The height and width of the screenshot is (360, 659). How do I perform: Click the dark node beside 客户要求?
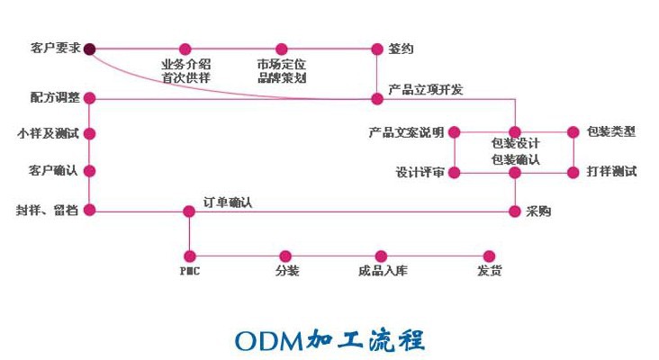point(90,49)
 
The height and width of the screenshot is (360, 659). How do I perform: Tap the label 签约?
point(401,49)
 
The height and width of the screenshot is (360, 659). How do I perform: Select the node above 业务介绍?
point(185,49)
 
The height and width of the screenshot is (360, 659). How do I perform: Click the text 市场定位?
point(281,65)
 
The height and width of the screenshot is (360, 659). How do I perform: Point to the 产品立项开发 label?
point(425,90)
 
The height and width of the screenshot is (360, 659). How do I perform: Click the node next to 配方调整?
point(90,98)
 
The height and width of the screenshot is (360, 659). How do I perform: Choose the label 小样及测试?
point(48,133)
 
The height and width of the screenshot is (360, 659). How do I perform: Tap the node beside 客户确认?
point(90,170)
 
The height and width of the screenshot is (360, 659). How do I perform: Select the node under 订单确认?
point(189,211)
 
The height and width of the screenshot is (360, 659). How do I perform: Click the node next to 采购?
point(516,211)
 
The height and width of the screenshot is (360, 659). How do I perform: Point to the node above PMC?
point(189,256)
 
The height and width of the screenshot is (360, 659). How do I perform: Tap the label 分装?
point(286,271)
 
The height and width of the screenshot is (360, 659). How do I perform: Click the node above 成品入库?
point(381,256)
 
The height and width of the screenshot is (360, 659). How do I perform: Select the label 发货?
point(489,271)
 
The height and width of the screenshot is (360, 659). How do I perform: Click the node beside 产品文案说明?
point(455,132)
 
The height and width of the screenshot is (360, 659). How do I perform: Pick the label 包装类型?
point(611,132)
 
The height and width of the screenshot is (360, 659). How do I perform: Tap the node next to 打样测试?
point(572,171)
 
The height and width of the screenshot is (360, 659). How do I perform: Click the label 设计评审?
point(420,171)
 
